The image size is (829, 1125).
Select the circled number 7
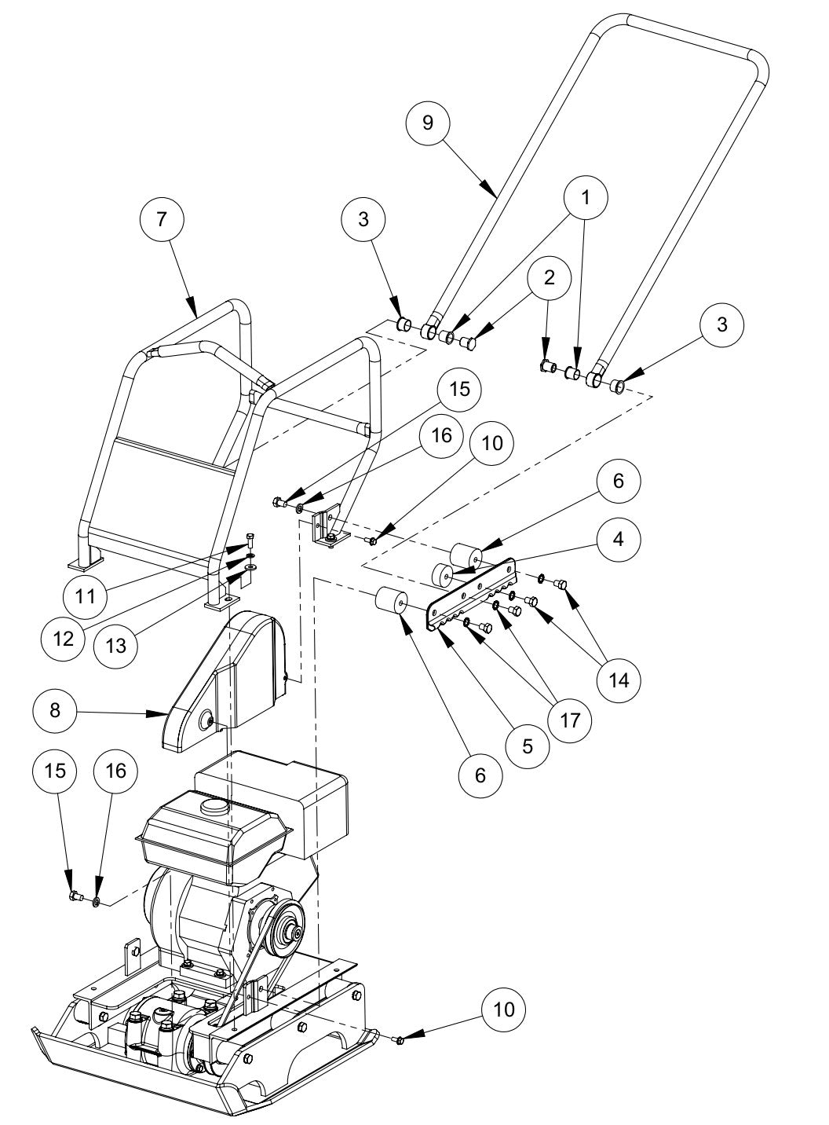coord(162,219)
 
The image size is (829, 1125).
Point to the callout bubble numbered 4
coord(618,540)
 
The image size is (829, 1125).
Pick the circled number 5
coord(527,746)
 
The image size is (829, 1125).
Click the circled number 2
coord(548,277)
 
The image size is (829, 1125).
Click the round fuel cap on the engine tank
coord(213,807)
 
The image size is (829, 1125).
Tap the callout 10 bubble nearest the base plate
coord(503,1009)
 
